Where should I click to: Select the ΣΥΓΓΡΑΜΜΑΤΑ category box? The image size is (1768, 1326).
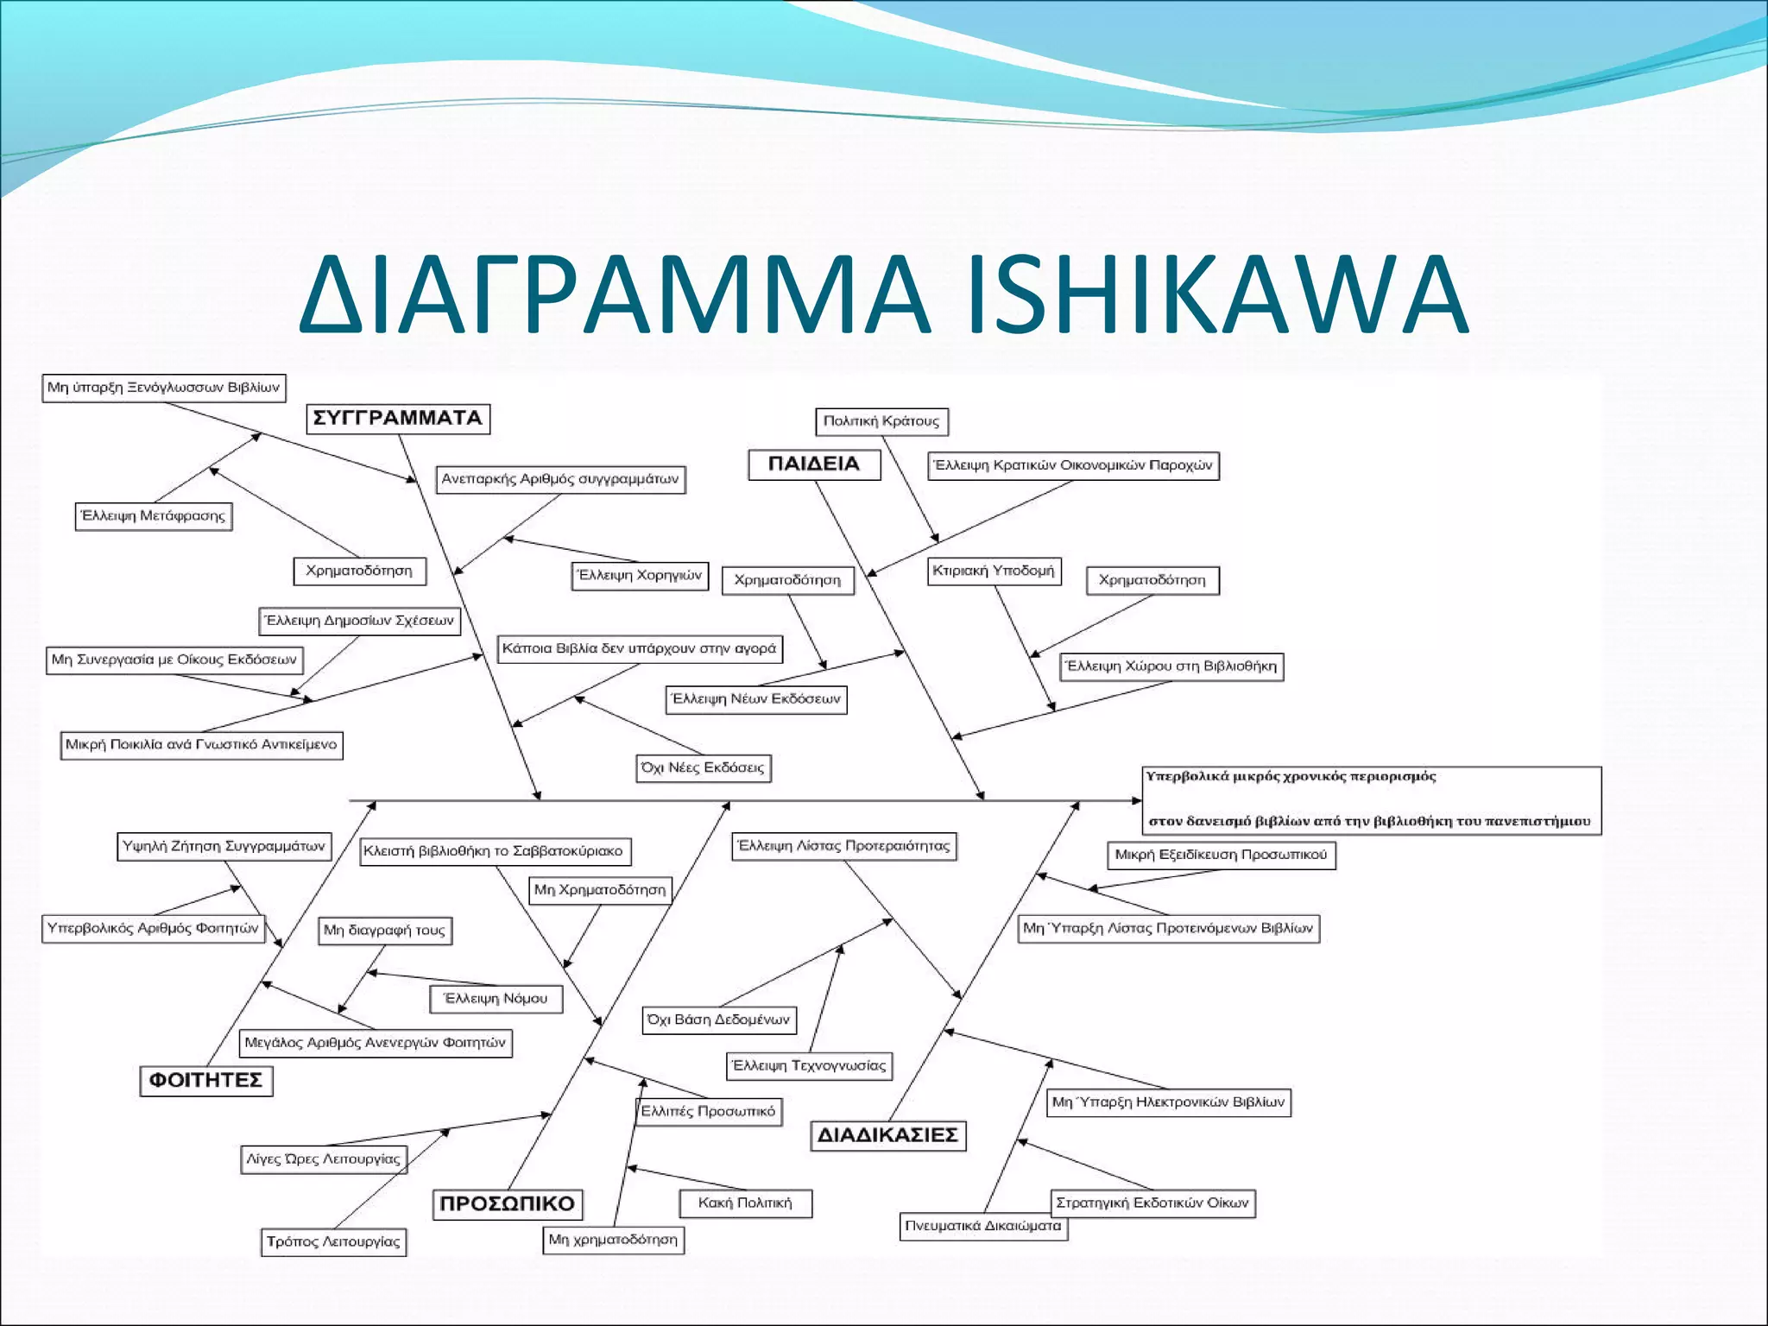pos(398,419)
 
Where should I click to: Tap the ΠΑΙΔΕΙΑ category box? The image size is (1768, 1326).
pos(814,464)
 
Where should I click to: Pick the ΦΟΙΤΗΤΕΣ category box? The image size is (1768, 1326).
pos(206,1081)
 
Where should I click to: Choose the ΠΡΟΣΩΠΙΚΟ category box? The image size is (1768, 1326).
pos(507,1204)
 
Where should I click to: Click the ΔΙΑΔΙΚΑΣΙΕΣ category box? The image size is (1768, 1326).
pos(887,1135)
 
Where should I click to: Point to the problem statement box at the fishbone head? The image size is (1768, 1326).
pos(1371,799)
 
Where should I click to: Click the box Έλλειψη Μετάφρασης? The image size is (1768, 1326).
pos(153,516)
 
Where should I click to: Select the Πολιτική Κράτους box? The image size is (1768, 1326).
pos(881,421)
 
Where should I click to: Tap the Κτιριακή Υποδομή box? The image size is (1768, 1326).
pos(994,571)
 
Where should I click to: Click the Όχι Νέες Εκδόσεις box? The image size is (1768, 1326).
pos(703,767)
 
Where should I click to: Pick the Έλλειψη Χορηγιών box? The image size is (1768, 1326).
pos(640,576)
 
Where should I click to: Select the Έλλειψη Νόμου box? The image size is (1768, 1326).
pos(496,999)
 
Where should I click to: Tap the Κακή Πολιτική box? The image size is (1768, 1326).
pos(745,1203)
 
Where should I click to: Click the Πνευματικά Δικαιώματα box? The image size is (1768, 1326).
pos(983,1226)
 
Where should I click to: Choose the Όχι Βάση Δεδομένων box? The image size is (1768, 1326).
pos(719,1020)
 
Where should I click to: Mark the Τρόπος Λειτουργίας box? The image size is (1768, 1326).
pos(333,1242)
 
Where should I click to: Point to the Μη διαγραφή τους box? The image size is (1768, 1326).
pos(385,931)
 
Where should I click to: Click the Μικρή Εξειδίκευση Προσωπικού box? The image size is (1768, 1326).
pos(1221,855)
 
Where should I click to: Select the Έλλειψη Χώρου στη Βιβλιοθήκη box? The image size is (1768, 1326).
pos(1171,666)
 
